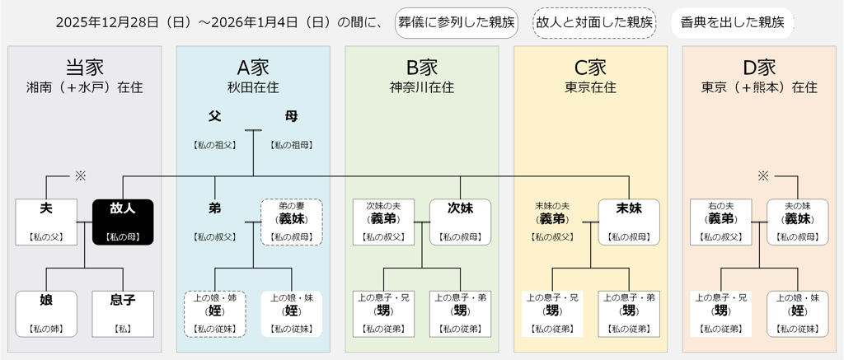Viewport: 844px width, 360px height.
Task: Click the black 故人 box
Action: click(123, 222)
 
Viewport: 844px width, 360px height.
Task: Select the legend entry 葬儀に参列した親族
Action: click(456, 22)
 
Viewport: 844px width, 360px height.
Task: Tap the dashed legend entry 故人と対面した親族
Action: click(595, 22)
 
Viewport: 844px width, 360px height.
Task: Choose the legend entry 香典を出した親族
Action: click(732, 22)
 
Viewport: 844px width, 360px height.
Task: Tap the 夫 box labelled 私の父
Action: click(46, 222)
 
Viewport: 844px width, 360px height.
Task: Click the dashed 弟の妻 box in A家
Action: click(292, 222)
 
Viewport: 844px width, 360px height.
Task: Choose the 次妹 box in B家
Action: click(460, 222)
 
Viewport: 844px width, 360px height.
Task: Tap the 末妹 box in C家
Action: click(628, 222)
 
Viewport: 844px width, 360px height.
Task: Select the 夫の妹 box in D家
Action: click(797, 222)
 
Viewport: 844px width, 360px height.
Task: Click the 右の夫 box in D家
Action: click(721, 222)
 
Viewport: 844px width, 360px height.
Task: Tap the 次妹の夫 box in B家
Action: click(383, 222)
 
